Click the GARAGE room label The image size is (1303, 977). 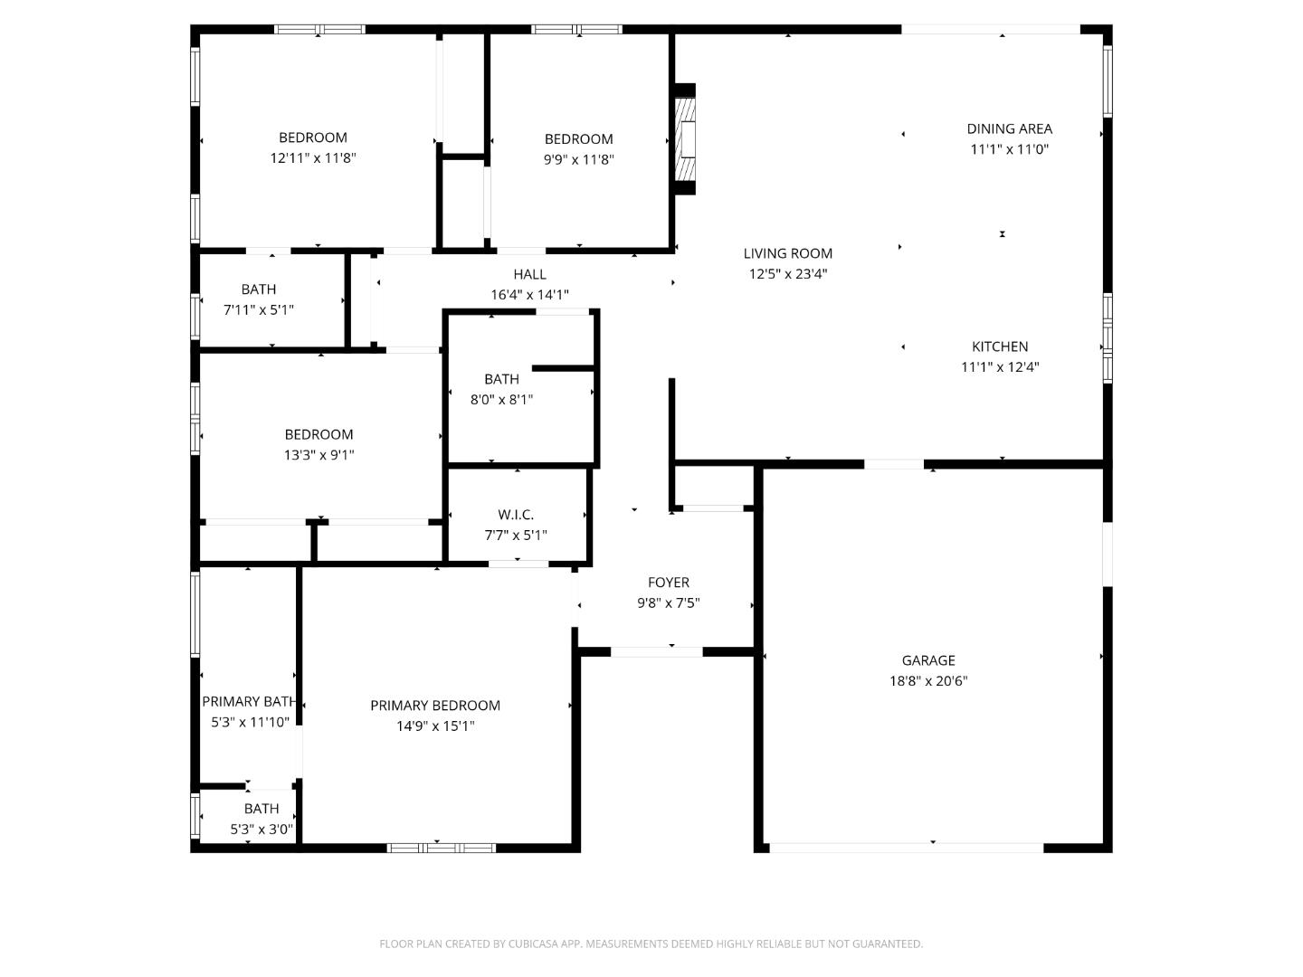click(x=927, y=660)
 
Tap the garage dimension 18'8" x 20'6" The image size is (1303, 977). click(x=927, y=680)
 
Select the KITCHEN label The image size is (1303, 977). click(x=1000, y=346)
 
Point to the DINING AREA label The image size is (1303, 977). click(x=1009, y=128)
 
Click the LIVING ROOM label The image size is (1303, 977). click(x=788, y=253)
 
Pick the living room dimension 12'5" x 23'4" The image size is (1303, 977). click(x=788, y=273)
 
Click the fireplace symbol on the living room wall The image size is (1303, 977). click(x=686, y=139)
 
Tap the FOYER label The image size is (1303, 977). click(x=669, y=583)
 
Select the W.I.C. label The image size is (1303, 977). click(x=515, y=515)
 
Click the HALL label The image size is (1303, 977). click(x=529, y=274)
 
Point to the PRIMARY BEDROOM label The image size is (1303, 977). click(x=435, y=706)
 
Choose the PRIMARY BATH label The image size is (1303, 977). click(x=249, y=702)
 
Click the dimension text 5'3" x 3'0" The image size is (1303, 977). click(x=262, y=829)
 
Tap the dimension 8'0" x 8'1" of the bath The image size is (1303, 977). click(x=501, y=399)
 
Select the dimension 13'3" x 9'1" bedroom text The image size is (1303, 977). click(x=319, y=454)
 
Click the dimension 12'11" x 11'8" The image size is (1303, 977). click(x=313, y=157)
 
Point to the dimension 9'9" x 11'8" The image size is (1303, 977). click(x=579, y=159)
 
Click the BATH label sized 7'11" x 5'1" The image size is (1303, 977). click(x=258, y=289)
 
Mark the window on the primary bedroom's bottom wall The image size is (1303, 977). click(x=441, y=848)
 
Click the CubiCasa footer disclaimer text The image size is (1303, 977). click(x=651, y=944)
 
